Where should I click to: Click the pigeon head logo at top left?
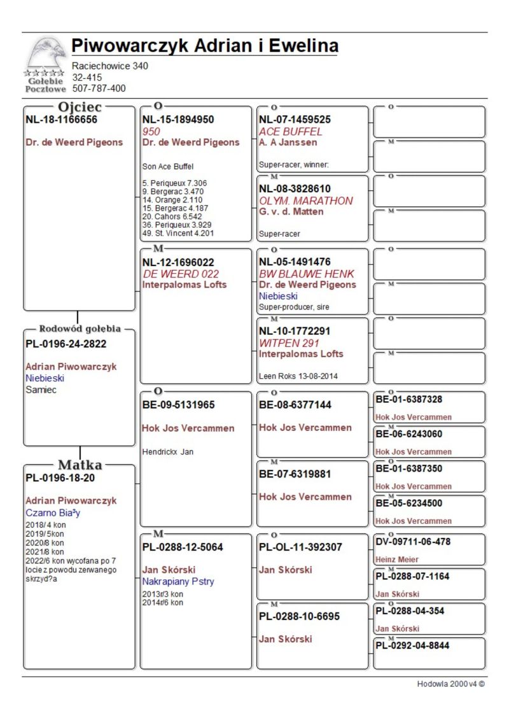coord(45,56)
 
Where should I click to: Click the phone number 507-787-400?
coord(99,88)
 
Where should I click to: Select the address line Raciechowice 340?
coord(110,66)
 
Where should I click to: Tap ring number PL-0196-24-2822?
coord(66,344)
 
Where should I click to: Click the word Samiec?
coord(41,390)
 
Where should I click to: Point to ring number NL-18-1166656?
coord(61,119)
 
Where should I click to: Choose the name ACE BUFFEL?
coord(290,131)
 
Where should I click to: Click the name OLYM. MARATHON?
coord(305,201)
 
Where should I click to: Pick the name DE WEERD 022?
coord(181,273)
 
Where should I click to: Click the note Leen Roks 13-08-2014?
coord(298,376)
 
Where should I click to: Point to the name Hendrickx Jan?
coord(168,452)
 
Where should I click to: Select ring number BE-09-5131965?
coord(178,404)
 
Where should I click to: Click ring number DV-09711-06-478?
coord(413,542)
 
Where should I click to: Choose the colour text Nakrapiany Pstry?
coord(178,581)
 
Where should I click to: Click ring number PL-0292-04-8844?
coord(412,646)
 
